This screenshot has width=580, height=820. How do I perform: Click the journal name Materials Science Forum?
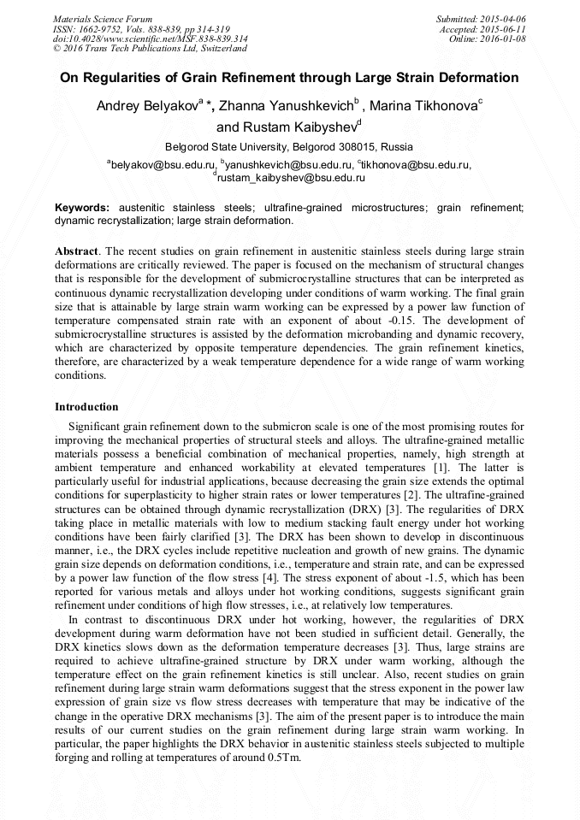[x=103, y=18]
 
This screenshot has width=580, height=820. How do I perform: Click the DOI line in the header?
[x=151, y=38]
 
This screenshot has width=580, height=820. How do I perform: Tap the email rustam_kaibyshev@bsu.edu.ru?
[x=291, y=178]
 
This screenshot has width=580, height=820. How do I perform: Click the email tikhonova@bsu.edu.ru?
[x=416, y=164]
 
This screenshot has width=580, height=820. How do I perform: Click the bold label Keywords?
[x=82, y=208]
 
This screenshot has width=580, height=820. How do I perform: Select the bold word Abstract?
[x=77, y=252]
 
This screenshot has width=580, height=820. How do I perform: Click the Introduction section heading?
[x=86, y=406]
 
